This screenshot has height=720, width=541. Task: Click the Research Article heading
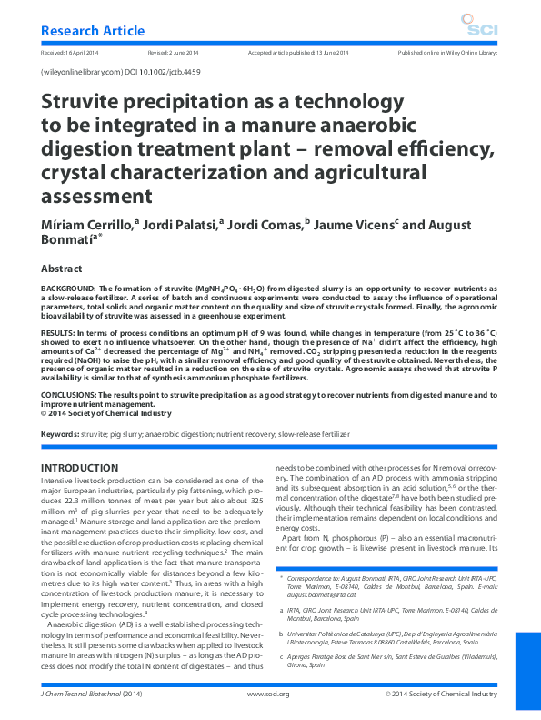(93, 30)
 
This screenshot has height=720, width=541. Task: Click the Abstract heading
(66, 269)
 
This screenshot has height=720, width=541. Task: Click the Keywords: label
(61, 435)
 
